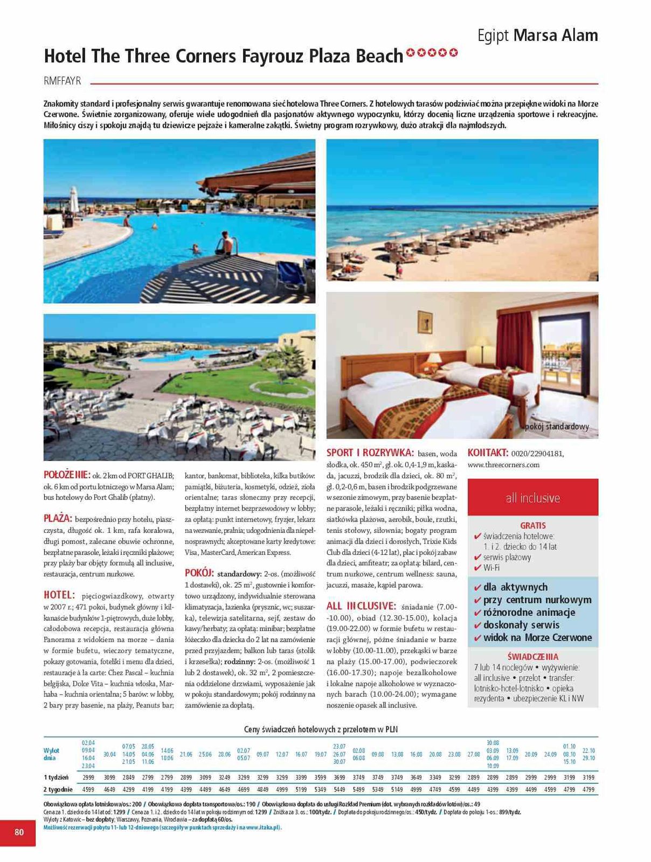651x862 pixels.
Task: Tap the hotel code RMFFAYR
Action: (62, 81)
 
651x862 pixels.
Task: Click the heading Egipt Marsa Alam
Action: (537, 36)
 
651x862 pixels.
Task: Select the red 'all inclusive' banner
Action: (532, 498)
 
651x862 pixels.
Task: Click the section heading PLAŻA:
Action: (58, 518)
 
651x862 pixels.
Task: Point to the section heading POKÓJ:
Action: (199, 573)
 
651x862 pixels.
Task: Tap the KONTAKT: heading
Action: (488, 453)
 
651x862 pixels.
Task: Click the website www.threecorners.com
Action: (503, 464)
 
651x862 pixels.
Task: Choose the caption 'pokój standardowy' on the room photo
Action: (557, 427)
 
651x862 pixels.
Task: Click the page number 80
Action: (19, 832)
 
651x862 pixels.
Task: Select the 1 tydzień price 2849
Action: (129, 777)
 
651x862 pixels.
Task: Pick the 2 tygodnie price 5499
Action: (359, 789)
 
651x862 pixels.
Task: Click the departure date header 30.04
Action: (109, 754)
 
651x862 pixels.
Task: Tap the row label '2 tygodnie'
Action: (58, 789)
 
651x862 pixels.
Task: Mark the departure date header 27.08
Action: (474, 754)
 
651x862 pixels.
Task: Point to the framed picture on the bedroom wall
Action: (425, 322)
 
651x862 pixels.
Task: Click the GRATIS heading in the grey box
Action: (532, 525)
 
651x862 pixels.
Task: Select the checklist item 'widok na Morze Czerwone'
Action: (537, 637)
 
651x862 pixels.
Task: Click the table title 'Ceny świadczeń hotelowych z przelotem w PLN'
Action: (321, 729)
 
